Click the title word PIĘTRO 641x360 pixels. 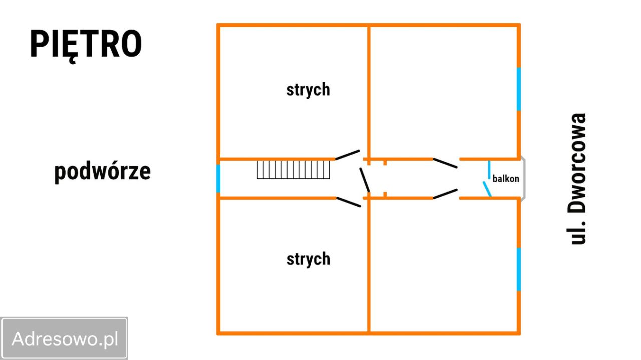(86, 45)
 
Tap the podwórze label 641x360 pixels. (103, 172)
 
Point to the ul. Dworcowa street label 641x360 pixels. (577, 179)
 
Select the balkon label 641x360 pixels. (506, 179)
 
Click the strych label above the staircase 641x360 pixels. (308, 90)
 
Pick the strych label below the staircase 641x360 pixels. (308, 259)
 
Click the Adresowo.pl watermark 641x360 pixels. (65, 339)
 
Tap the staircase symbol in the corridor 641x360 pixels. (293, 170)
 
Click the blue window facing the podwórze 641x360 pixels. (218, 179)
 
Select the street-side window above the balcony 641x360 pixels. (518, 89)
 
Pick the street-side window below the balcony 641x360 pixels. (518, 269)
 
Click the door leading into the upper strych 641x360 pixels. (348, 155)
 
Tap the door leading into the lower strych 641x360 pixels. (348, 202)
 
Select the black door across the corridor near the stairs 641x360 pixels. (365, 180)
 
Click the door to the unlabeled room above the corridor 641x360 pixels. (445, 163)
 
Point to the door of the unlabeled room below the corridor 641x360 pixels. (445, 194)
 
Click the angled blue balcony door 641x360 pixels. (487, 189)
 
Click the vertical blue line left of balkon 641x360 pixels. (489, 170)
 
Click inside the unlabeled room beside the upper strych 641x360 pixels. (443, 92)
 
